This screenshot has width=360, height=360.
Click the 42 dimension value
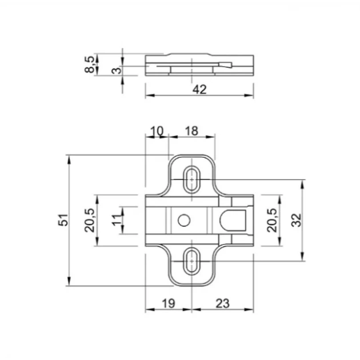click(x=199, y=89)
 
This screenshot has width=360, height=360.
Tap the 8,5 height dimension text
click(x=90, y=65)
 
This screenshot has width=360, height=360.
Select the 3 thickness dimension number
click(x=117, y=70)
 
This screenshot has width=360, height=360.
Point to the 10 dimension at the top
click(x=157, y=131)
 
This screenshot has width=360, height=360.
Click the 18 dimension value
click(x=191, y=131)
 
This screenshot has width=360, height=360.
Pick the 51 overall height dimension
click(x=63, y=220)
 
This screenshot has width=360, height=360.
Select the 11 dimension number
click(x=117, y=220)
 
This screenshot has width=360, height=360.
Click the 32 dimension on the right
click(x=296, y=220)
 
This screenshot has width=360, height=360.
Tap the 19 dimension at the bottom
click(x=169, y=303)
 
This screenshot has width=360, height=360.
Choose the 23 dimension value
click(x=222, y=303)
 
